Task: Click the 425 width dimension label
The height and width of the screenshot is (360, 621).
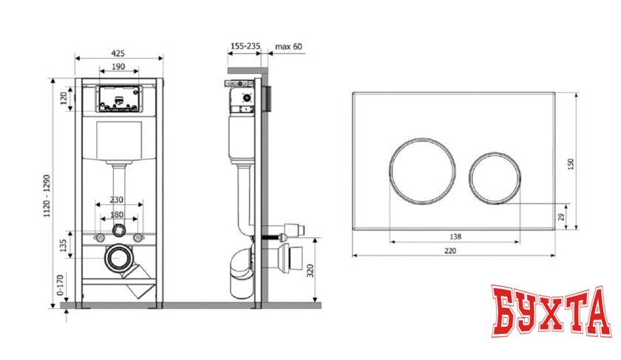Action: pyautogui.click(x=118, y=53)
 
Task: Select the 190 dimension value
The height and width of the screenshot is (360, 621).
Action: pyautogui.click(x=118, y=67)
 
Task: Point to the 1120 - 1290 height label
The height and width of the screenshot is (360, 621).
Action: pyautogui.click(x=47, y=196)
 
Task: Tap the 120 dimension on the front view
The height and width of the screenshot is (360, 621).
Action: pyautogui.click(x=64, y=98)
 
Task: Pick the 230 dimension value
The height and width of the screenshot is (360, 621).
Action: pyautogui.click(x=117, y=200)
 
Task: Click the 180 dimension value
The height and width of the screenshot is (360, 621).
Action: pyautogui.click(x=117, y=214)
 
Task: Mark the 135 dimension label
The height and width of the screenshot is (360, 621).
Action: pyautogui.click(x=63, y=245)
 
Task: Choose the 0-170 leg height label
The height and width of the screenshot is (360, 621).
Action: pyautogui.click(x=60, y=285)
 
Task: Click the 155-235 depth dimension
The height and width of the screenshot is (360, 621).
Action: pyautogui.click(x=245, y=47)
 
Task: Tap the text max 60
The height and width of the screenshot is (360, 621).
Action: pyautogui.click(x=289, y=47)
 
